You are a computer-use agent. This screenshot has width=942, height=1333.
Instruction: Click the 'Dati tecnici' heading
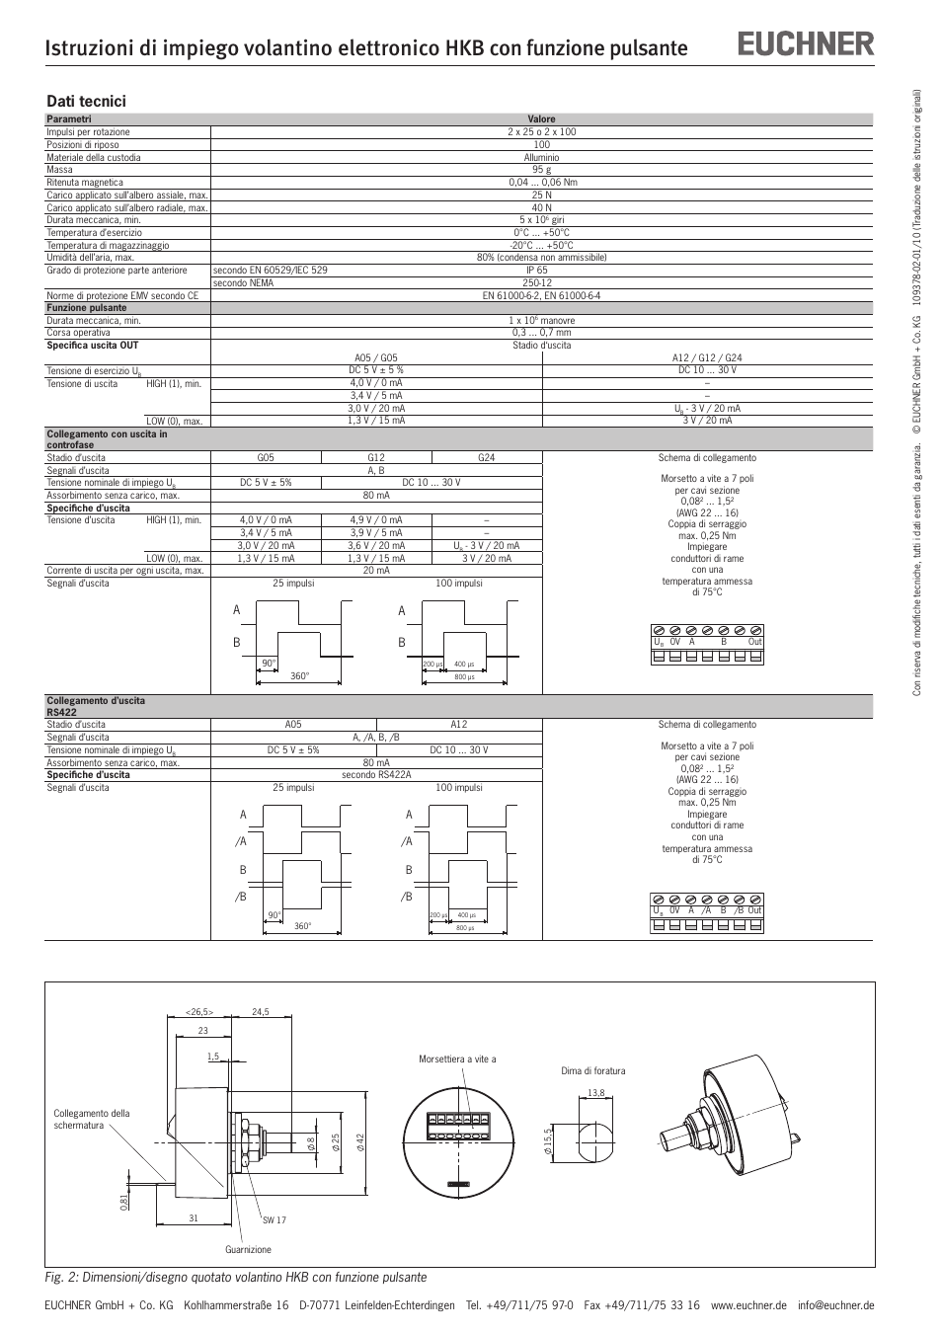pyautogui.click(x=87, y=101)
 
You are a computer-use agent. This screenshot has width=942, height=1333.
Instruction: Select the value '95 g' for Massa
pyautogui.click(x=541, y=170)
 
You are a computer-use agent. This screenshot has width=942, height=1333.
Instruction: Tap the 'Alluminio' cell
pyautogui.click(x=541, y=157)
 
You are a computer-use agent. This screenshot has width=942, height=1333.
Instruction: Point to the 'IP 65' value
pyautogui.click(x=537, y=270)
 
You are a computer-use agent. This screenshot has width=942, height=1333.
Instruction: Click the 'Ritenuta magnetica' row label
pyautogui.click(x=85, y=183)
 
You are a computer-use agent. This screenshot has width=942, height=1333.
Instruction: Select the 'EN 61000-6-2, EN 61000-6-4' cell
pyautogui.click(x=541, y=295)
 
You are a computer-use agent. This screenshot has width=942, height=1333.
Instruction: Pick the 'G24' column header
pyautogui.click(x=486, y=458)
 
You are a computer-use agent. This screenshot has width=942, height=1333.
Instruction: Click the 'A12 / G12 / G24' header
pyautogui.click(x=707, y=358)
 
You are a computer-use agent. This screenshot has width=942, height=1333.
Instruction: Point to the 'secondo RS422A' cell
pyautogui.click(x=376, y=775)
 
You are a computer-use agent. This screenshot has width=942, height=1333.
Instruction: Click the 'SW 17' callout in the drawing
pyautogui.click(x=275, y=1220)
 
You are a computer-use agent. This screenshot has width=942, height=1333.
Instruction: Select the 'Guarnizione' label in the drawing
pyautogui.click(x=248, y=1250)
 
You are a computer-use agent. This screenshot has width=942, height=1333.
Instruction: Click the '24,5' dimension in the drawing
pyautogui.click(x=261, y=1011)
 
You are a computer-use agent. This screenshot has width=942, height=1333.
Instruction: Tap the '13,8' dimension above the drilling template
pyautogui.click(x=595, y=1092)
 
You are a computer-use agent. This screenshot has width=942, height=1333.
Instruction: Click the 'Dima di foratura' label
pyautogui.click(x=593, y=1070)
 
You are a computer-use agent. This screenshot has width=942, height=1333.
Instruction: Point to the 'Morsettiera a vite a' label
pyautogui.click(x=457, y=1059)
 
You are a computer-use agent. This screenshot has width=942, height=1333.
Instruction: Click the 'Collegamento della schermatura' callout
pyautogui.click(x=92, y=1120)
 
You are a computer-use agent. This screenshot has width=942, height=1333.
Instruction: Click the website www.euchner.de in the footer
pyautogui.click(x=748, y=1305)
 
